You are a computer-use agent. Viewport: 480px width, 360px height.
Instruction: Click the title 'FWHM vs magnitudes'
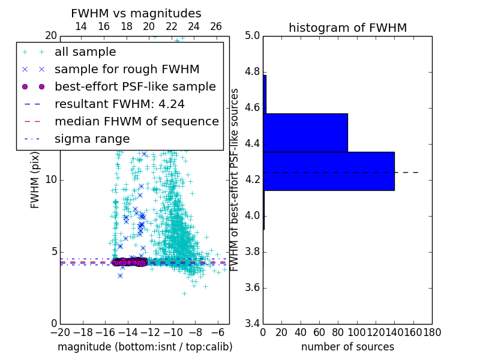[136, 14]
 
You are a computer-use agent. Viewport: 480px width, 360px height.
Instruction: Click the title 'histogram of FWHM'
[347, 28]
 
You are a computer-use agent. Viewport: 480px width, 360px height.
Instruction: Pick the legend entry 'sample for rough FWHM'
[127, 70]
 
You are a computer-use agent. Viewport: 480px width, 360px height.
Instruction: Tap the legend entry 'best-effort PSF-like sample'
[135, 86]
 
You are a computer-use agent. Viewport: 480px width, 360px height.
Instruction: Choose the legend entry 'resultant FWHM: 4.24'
[119, 104]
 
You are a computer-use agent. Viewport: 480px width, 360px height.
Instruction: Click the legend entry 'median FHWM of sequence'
[136, 121]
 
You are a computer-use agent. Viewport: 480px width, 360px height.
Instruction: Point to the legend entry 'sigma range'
[92, 139]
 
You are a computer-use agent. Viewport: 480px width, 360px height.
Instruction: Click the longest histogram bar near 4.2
[328, 171]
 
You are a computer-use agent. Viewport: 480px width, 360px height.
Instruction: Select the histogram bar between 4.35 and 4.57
[305, 133]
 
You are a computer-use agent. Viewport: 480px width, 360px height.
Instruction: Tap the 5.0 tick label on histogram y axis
[252, 36]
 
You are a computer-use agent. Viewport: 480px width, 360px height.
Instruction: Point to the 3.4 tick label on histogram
[252, 323]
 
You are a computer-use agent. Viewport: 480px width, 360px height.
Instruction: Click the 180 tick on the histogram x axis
[432, 332]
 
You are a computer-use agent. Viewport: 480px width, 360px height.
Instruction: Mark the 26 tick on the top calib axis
[216, 26]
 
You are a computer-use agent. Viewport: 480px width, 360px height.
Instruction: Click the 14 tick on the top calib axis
[80, 26]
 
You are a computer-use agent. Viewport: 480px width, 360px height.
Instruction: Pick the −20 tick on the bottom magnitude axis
[59, 332]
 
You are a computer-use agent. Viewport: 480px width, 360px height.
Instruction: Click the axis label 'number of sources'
[347, 347]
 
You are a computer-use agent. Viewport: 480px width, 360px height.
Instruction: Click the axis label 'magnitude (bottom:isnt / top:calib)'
[145, 347]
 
